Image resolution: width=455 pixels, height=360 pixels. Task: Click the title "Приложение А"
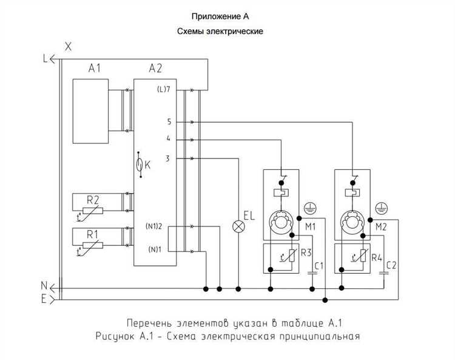220,16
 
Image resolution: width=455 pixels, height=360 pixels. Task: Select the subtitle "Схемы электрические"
220,31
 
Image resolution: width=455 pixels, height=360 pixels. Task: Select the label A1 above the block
94,68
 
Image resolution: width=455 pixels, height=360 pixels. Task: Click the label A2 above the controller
155,68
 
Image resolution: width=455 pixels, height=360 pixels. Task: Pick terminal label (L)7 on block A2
163,90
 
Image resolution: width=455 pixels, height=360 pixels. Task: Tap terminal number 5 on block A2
169,122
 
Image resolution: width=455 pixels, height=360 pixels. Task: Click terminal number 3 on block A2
169,158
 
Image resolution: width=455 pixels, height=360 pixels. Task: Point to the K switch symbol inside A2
140,165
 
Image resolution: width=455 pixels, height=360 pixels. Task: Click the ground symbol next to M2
381,207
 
